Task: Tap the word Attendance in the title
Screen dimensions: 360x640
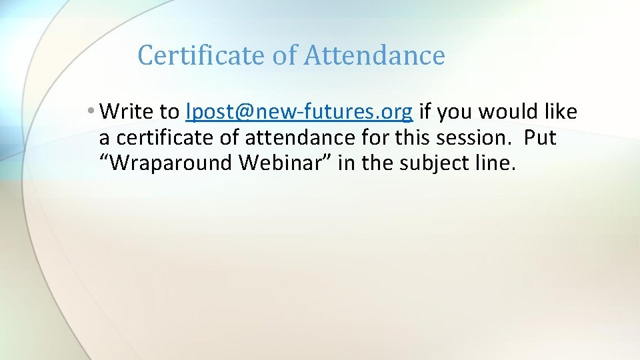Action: (x=374, y=55)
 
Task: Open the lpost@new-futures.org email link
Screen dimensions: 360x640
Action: (x=299, y=112)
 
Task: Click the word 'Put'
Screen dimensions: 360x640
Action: (x=540, y=138)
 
